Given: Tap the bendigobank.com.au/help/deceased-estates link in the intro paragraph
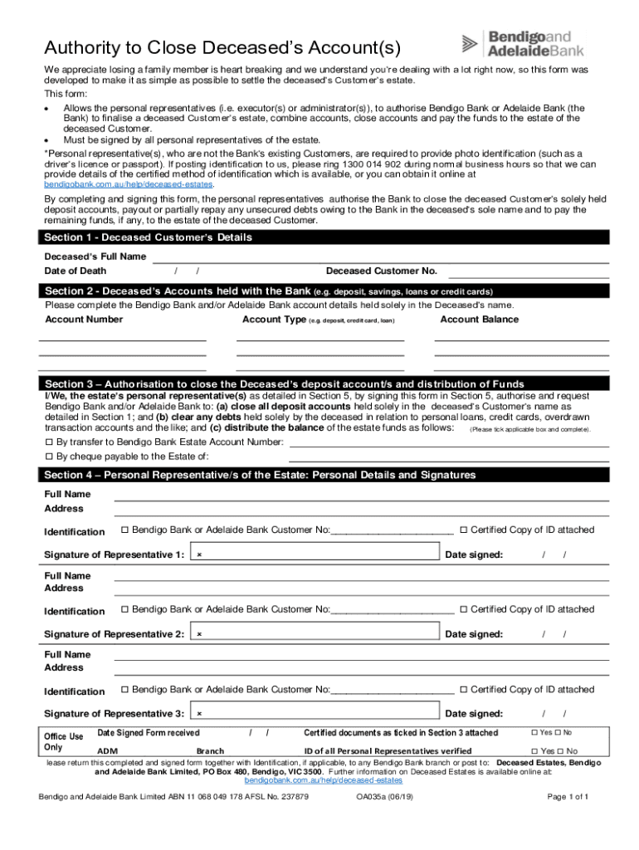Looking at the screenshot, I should coord(129,184).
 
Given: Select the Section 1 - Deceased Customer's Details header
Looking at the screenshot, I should coord(149,237).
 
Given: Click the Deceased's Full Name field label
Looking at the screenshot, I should coord(95,256).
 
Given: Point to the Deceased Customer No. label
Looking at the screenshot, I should coord(381,271).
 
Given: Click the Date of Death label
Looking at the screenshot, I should coord(76,271).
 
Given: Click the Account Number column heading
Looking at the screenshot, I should coord(84,320).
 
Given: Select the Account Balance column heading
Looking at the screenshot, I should coord(479,320).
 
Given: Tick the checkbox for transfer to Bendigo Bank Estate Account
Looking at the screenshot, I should coord(49,442).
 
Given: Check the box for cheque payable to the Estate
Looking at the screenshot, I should coord(49,457).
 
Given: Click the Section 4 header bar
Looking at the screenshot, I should coord(260,476).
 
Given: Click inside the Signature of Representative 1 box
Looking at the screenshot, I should coord(315,554).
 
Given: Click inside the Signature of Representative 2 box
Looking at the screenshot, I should coord(315,634).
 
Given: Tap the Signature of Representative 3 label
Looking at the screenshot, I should coord(114,714).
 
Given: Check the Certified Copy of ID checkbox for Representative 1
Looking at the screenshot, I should coord(465,530).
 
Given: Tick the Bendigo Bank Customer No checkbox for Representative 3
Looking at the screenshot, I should coord(124,690).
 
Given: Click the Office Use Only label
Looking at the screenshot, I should coord(63,741).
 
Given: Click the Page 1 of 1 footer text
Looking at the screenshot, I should coord(568,797).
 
